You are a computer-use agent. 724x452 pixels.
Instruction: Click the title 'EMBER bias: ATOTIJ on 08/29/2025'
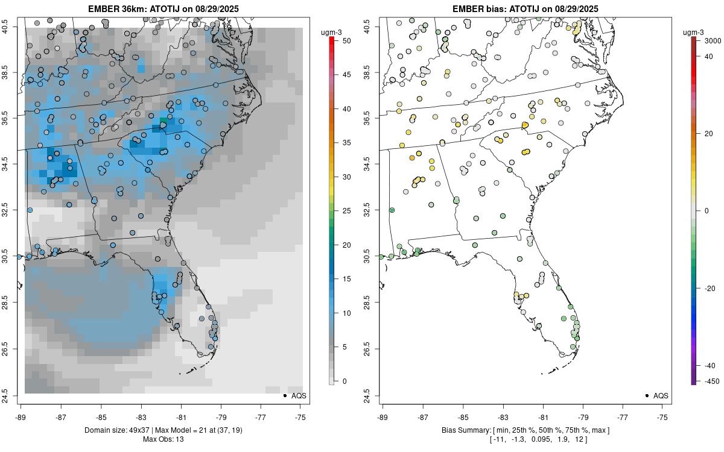point(525,8)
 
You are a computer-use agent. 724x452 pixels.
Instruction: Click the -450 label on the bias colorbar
point(709,381)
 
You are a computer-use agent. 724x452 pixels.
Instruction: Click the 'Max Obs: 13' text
point(163,439)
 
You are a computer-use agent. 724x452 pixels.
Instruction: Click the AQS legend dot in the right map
point(647,396)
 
